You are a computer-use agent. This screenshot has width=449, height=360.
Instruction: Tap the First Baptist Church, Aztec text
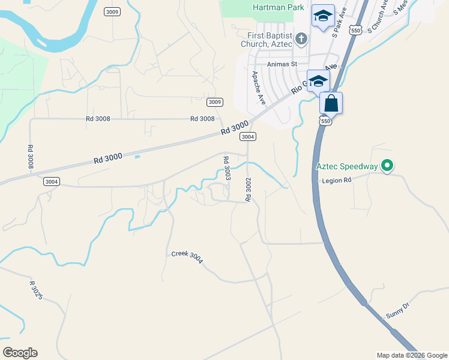[264, 40]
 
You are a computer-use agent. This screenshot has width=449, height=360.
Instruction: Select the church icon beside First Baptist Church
[301, 40]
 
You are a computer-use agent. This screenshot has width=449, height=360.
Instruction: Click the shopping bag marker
[331, 103]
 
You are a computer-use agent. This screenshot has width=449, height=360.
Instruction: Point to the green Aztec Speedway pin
[387, 165]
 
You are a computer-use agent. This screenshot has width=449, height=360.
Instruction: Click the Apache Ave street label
[258, 85]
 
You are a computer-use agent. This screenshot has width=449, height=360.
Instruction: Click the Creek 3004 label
[187, 257]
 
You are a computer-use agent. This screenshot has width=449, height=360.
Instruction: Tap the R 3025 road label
[36, 290]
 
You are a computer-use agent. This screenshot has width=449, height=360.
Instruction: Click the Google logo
[20, 353]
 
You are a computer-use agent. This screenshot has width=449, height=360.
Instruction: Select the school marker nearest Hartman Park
[323, 17]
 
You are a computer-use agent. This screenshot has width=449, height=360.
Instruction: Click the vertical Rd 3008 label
[30, 156]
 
